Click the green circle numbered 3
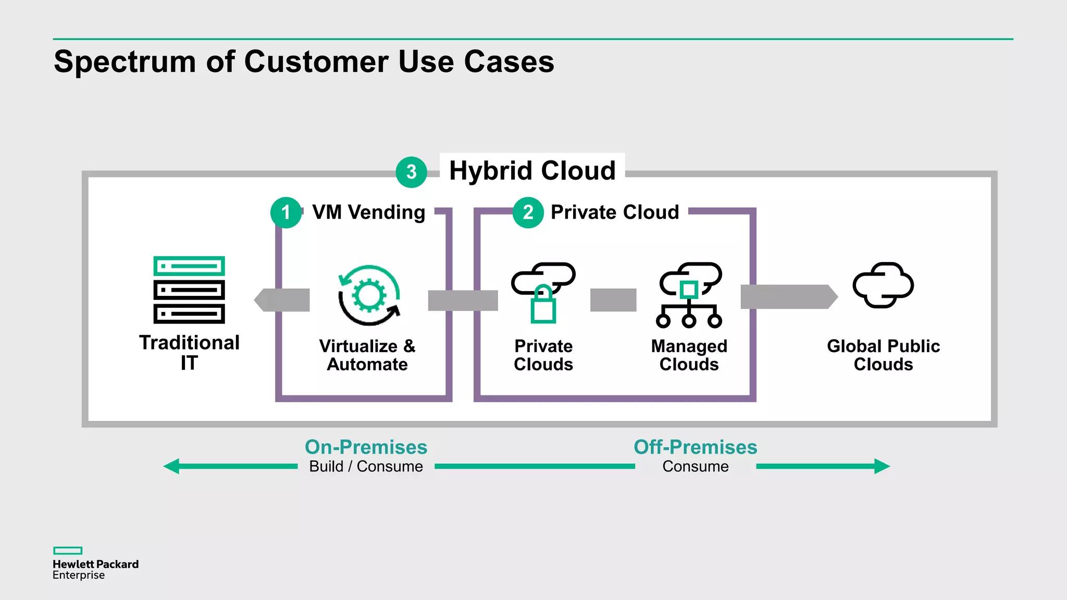[411, 172]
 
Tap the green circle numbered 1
[286, 213]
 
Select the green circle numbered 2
[528, 213]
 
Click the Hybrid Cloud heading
[532, 170]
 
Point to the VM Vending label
[368, 213]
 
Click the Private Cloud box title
[615, 213]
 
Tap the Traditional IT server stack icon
[189, 290]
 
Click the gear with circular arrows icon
[369, 295]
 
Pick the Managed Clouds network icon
[689, 295]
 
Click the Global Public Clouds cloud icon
[883, 285]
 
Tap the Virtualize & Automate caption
[367, 355]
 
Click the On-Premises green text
[366, 447]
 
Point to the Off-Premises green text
[695, 447]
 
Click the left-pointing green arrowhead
[172, 466]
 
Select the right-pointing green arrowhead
[881, 466]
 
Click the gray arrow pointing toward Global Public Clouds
[788, 297]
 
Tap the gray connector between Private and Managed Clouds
[613, 300]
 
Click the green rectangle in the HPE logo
[68, 551]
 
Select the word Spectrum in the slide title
[125, 62]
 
